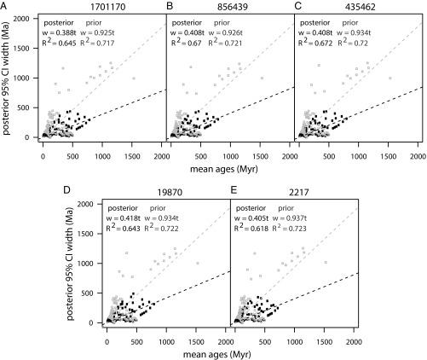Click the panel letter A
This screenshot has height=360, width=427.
click(5, 6)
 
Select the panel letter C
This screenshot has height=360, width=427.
click(297, 6)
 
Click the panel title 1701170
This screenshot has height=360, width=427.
click(103, 6)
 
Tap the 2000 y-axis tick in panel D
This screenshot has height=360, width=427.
click(89, 205)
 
